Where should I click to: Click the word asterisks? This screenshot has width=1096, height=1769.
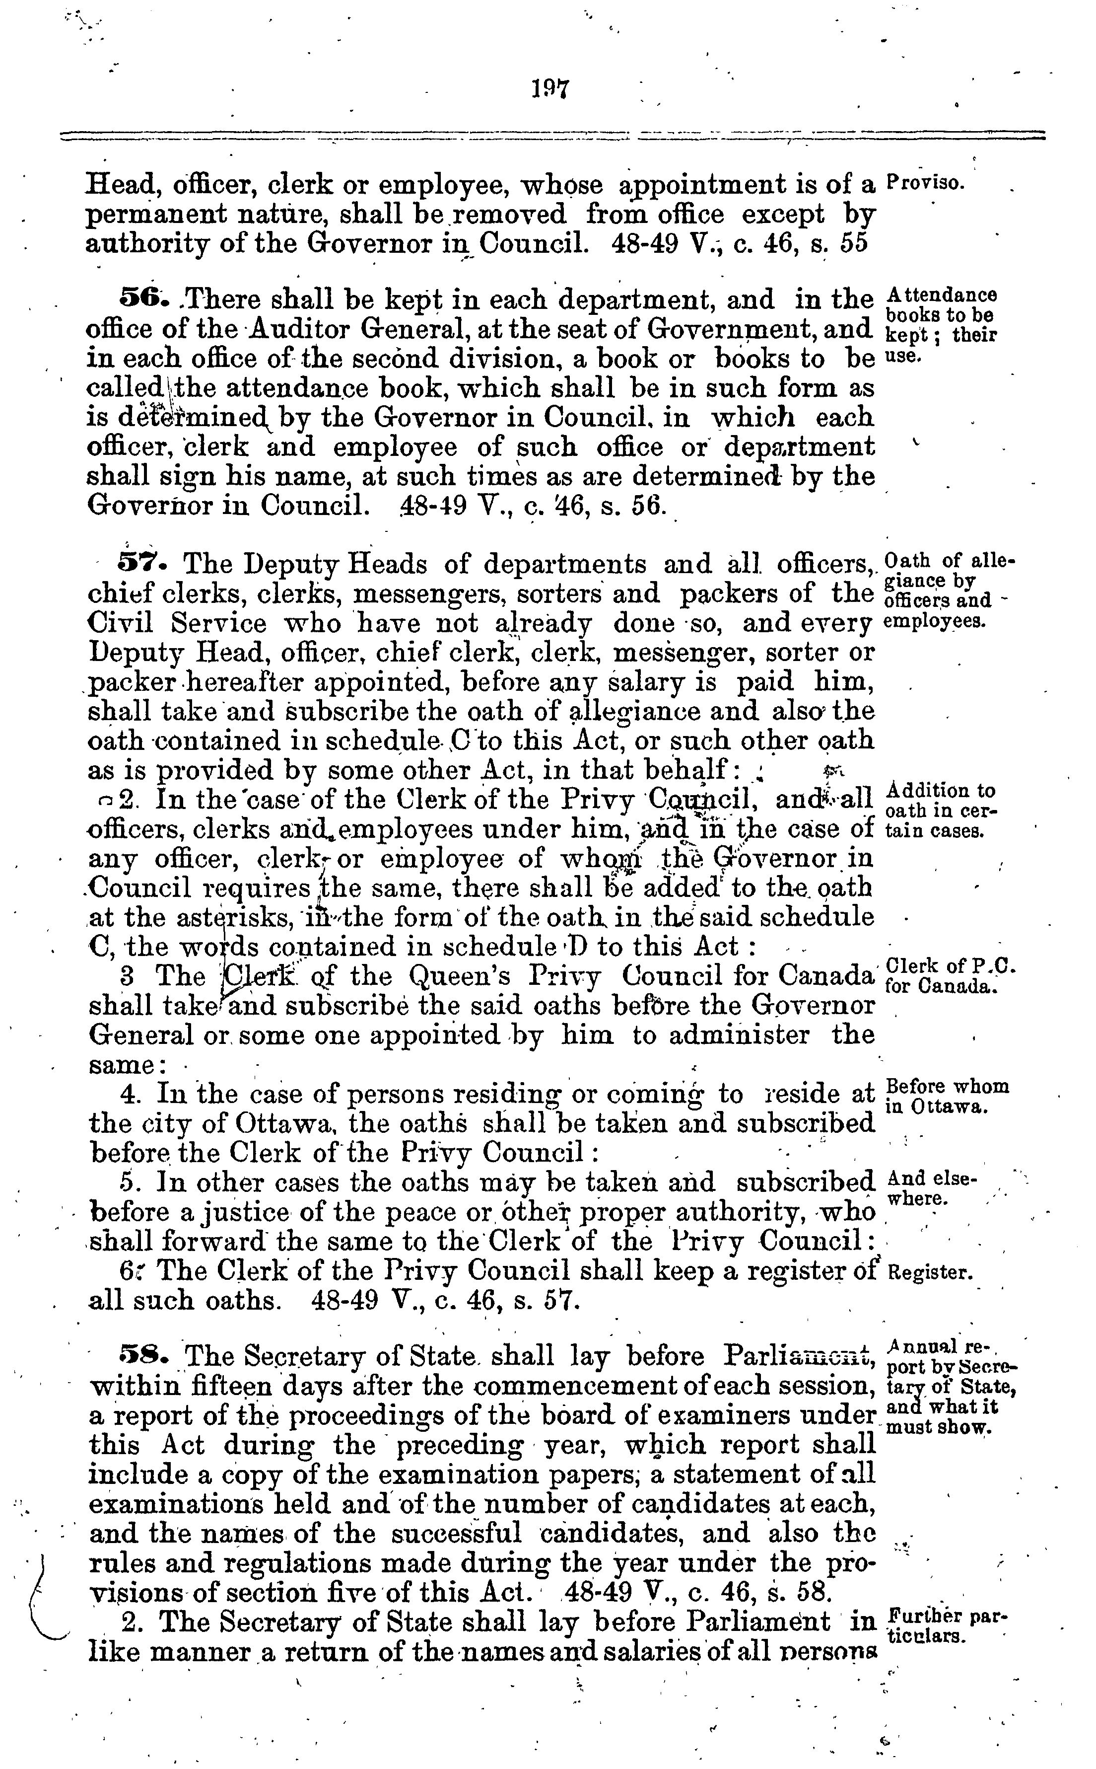(235, 918)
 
